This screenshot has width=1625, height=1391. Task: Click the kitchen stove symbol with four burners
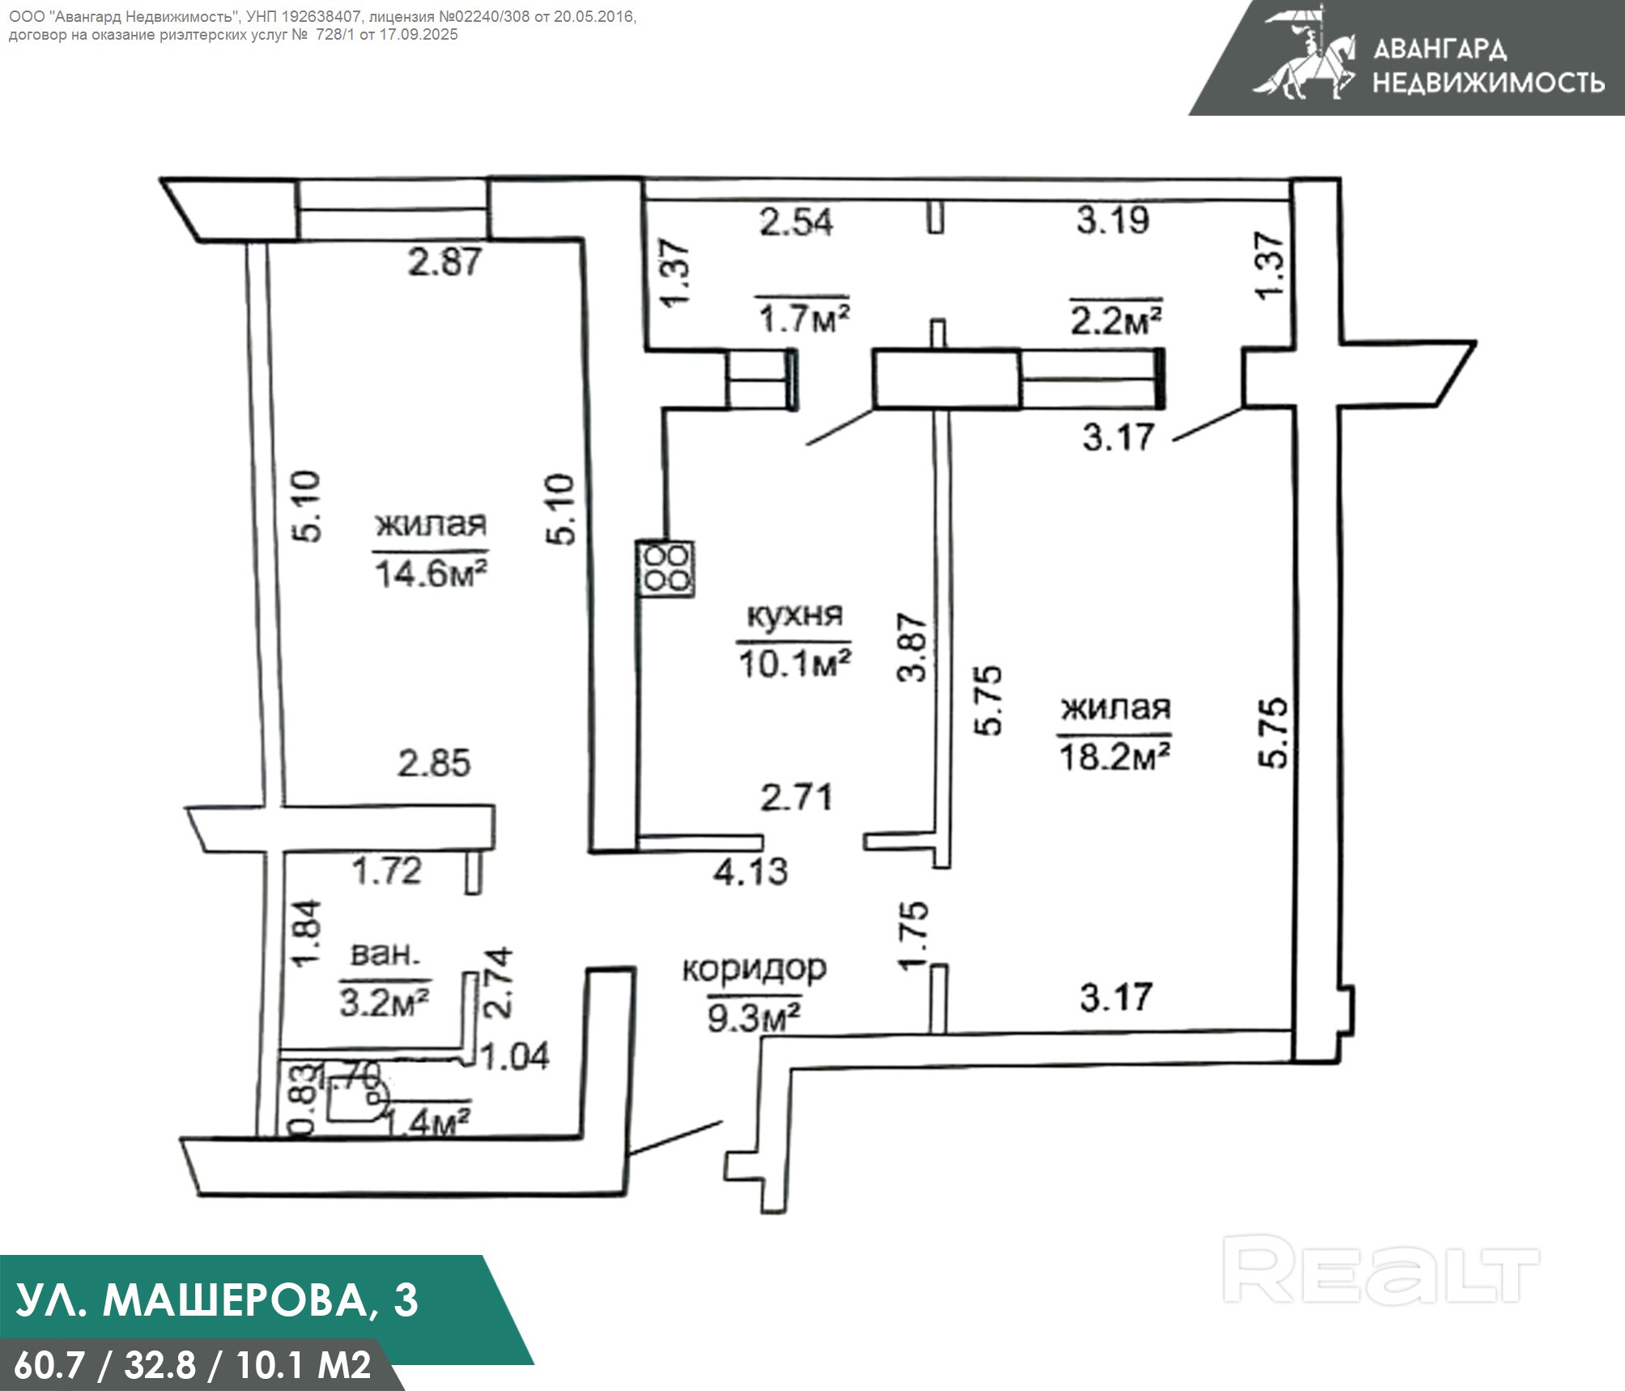pyautogui.click(x=666, y=568)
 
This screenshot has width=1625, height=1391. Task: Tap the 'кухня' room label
pyautogui.click(x=793, y=615)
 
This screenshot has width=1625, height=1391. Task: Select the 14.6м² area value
pyautogui.click(x=430, y=574)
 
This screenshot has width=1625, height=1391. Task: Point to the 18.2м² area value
pyautogui.click(x=1114, y=757)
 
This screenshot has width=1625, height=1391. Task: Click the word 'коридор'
pyautogui.click(x=754, y=968)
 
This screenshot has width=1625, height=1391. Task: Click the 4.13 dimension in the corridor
pyautogui.click(x=750, y=871)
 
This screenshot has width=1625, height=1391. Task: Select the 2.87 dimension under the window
pyautogui.click(x=445, y=262)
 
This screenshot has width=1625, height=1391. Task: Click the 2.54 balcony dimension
pyautogui.click(x=796, y=222)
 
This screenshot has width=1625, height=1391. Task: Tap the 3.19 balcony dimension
pyautogui.click(x=1112, y=219)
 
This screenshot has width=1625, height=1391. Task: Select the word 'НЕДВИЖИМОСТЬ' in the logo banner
pyautogui.click(x=1488, y=82)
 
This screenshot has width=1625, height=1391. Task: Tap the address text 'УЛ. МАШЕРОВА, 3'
pyautogui.click(x=217, y=1300)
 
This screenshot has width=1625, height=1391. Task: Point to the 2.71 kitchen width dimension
pyautogui.click(x=796, y=798)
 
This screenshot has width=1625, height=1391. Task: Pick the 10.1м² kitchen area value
pyautogui.click(x=793, y=665)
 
